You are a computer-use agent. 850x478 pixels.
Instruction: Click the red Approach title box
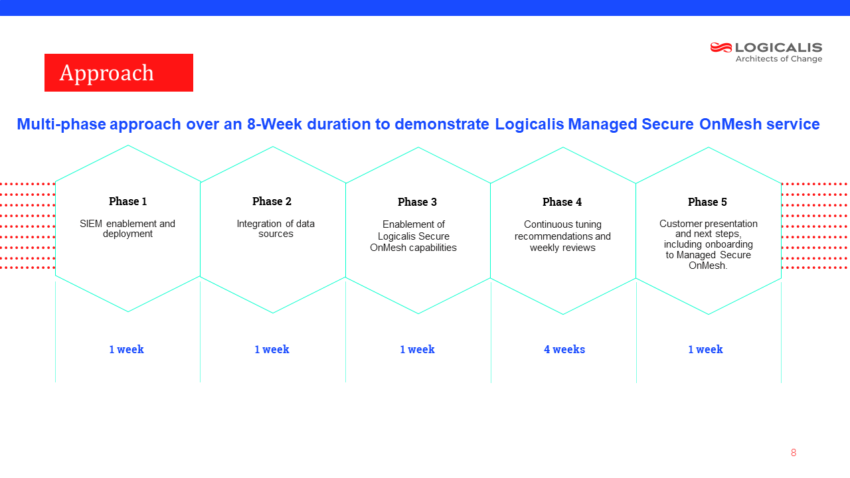pyautogui.click(x=119, y=72)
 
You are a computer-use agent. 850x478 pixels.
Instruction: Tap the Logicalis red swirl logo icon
pyautogui.click(x=721, y=47)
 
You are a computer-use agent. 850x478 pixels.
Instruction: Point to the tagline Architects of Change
pyautogui.click(x=779, y=59)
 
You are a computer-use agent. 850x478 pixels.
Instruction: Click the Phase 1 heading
pyautogui.click(x=128, y=201)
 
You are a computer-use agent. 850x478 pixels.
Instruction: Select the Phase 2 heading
pyautogui.click(x=272, y=201)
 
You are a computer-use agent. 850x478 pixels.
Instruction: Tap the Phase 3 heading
pyautogui.click(x=418, y=202)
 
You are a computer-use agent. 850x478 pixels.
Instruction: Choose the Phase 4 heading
pyautogui.click(x=562, y=202)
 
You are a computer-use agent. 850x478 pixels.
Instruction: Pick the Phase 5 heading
pyautogui.click(x=708, y=202)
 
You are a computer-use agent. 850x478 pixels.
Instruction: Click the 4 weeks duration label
pyautogui.click(x=564, y=349)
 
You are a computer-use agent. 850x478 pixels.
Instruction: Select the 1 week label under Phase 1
pyautogui.click(x=127, y=349)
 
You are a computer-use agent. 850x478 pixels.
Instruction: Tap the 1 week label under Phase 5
pyautogui.click(x=706, y=349)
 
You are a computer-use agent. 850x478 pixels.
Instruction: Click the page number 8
pyautogui.click(x=794, y=453)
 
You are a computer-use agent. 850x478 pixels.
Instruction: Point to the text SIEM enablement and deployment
pyautogui.click(x=127, y=229)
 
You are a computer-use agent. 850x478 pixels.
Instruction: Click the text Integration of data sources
pyautogui.click(x=276, y=229)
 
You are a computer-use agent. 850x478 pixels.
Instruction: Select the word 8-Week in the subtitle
pyautogui.click(x=274, y=124)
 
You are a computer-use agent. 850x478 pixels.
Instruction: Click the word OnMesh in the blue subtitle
pyautogui.click(x=730, y=124)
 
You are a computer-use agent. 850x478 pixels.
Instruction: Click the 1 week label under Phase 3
pyautogui.click(x=418, y=349)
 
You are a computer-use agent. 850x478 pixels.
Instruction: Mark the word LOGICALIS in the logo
pyautogui.click(x=779, y=47)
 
